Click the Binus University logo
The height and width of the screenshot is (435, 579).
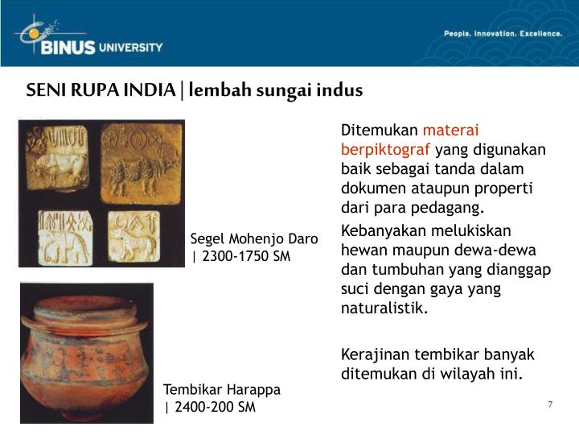(88, 35)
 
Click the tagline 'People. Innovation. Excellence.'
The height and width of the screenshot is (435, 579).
(503, 34)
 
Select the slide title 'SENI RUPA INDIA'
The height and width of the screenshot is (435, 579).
(101, 90)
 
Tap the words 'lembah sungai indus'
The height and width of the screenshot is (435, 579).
(277, 90)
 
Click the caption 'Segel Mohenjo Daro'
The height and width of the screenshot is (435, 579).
(254, 239)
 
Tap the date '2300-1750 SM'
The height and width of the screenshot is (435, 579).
(245, 257)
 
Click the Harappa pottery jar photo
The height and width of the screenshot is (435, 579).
(87, 351)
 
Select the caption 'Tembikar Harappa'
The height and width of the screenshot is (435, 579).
(222, 390)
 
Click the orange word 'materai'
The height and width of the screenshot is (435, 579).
(450, 130)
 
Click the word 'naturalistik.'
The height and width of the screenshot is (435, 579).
(385, 309)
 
